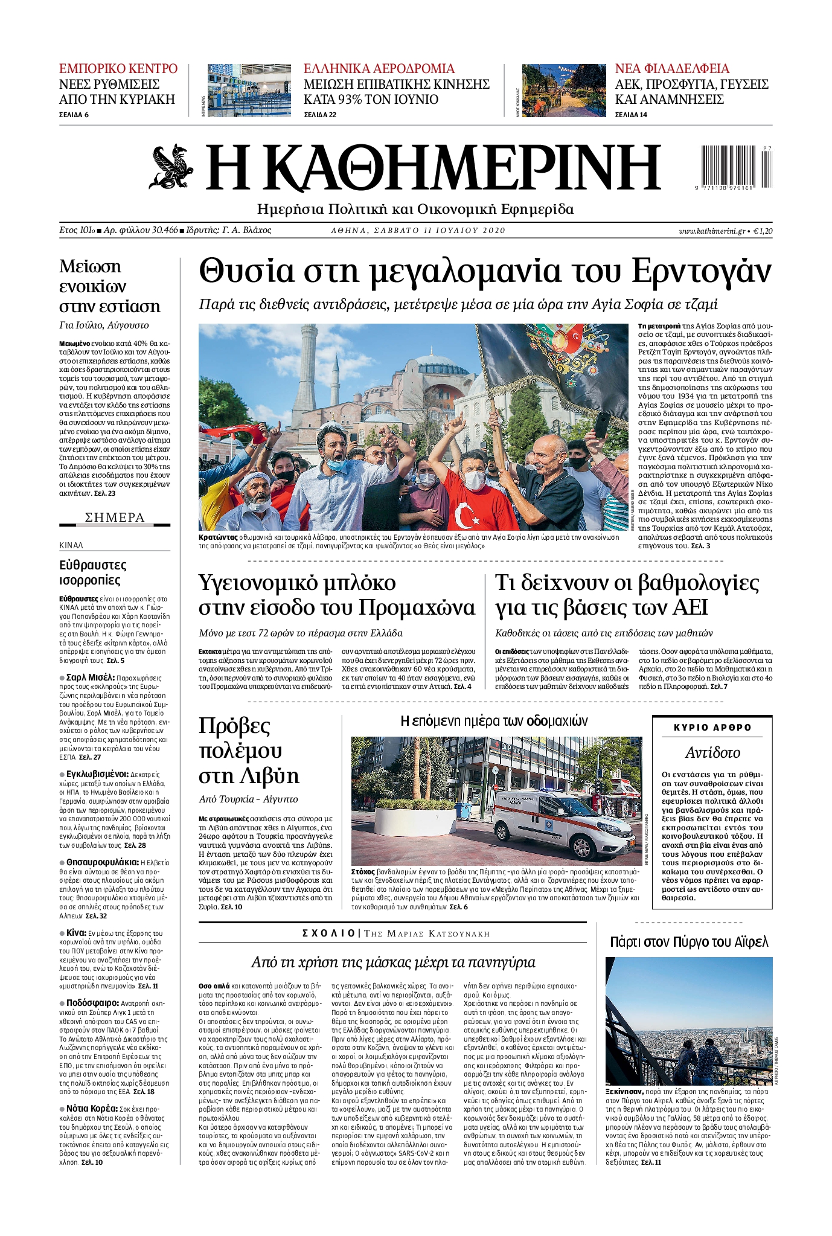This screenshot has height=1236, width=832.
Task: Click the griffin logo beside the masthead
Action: point(171,167)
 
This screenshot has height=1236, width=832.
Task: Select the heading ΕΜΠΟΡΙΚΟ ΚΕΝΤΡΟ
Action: point(118,68)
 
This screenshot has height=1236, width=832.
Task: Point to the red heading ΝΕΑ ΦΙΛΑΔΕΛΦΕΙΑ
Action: point(672,68)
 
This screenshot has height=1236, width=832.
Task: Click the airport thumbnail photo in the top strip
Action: point(249,91)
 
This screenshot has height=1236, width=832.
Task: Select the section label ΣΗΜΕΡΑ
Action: point(115,517)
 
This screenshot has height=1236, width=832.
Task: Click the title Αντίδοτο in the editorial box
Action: point(712,752)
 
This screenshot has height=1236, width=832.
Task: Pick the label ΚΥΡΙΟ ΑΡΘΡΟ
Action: point(712,728)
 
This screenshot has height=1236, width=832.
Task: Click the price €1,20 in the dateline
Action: point(763,231)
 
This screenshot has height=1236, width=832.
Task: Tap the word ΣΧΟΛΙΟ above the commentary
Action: point(328,933)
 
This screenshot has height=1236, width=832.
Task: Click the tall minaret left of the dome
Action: point(307,374)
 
